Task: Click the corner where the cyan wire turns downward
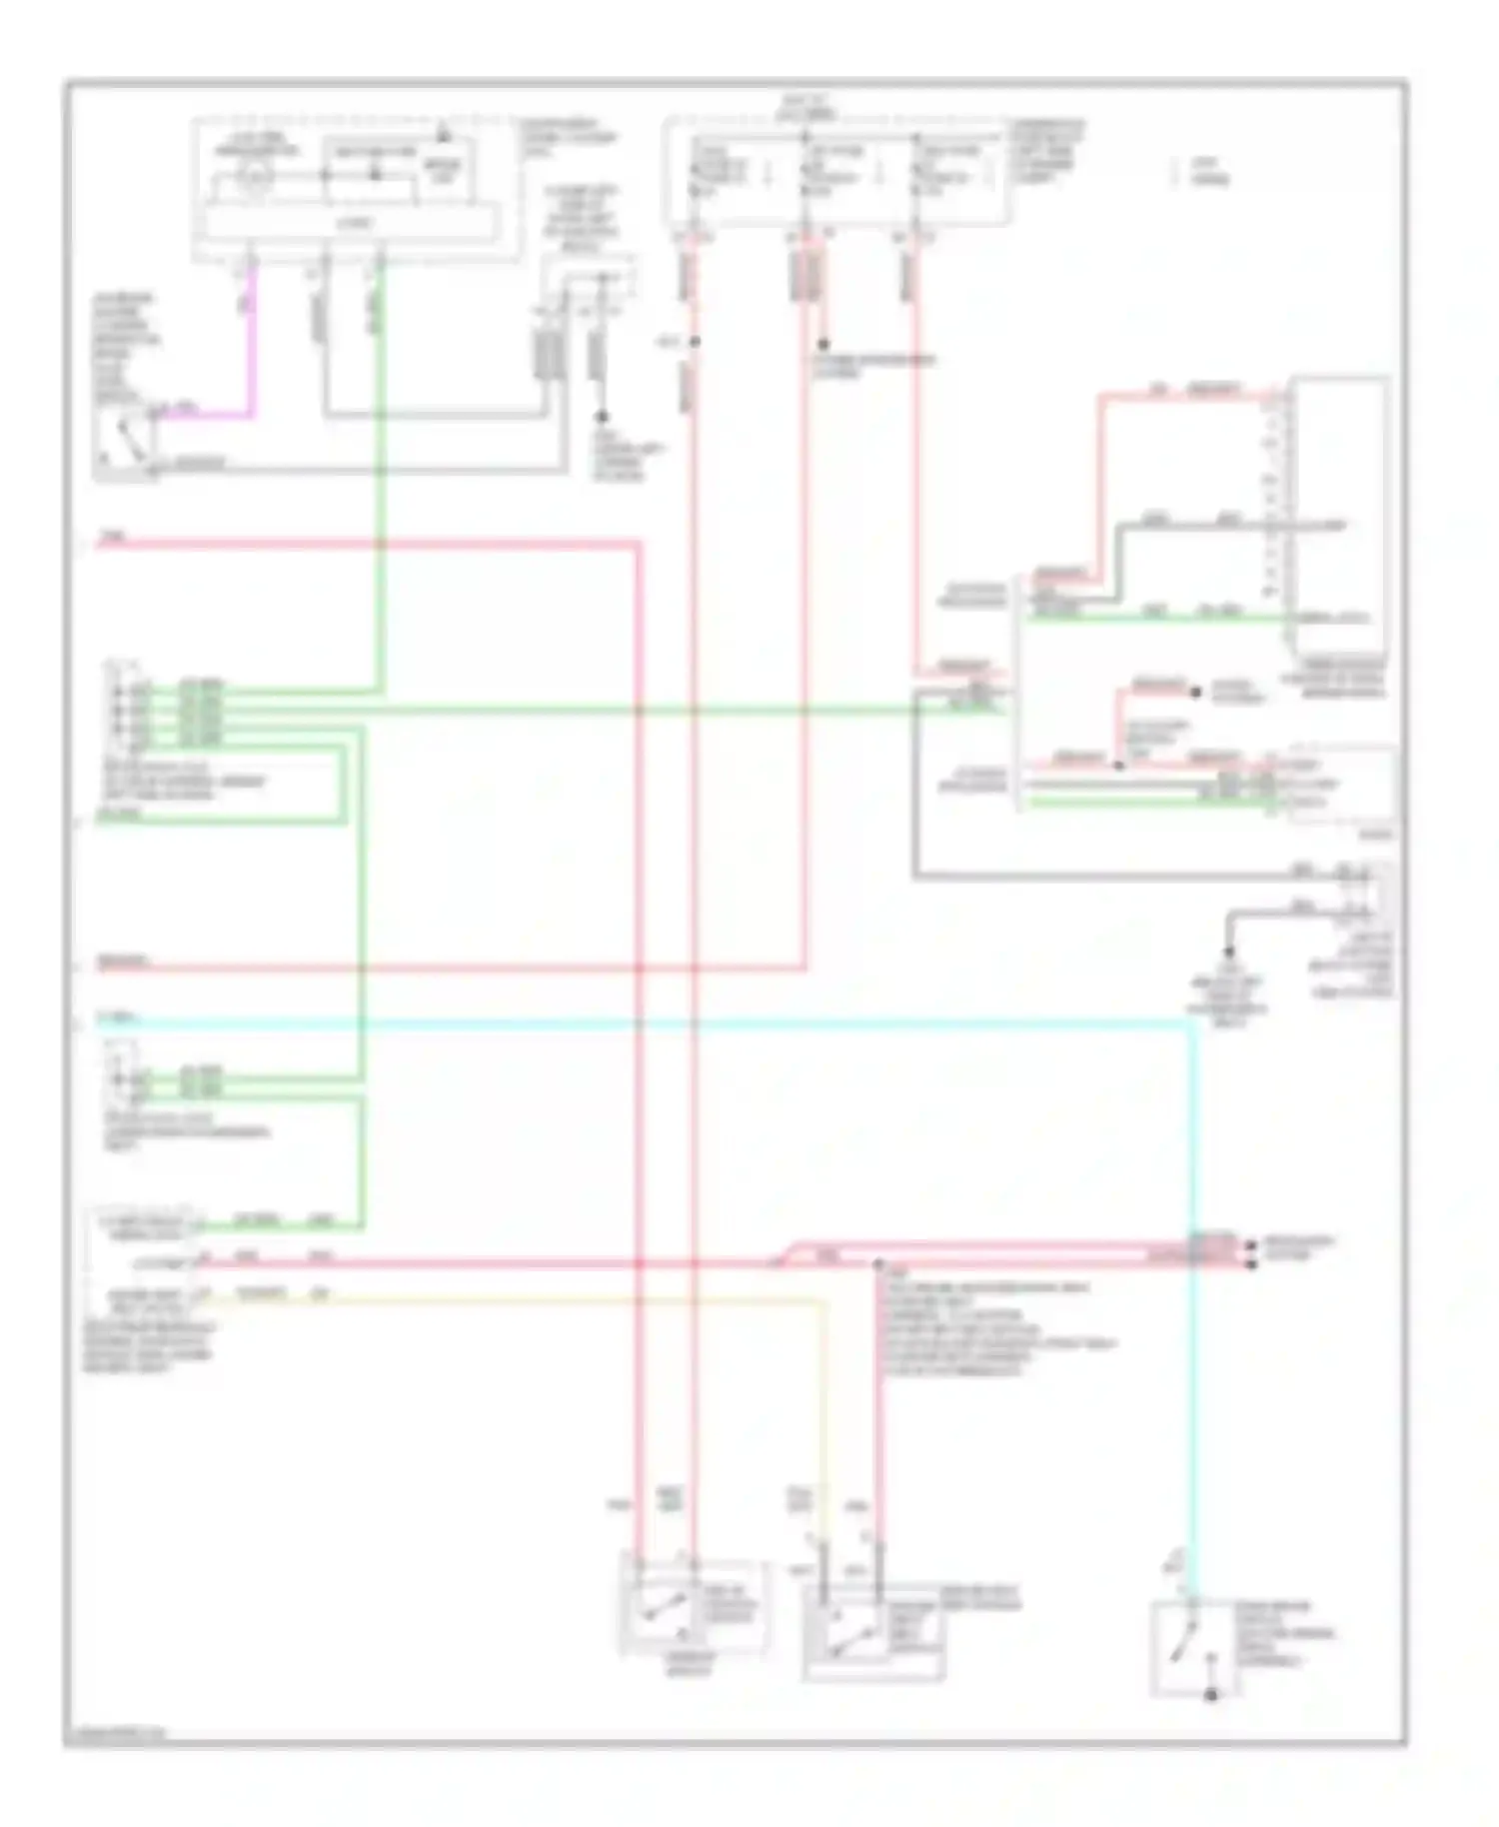click(x=1188, y=1023)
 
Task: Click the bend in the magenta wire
click(x=251, y=413)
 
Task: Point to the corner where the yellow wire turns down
click(x=824, y=1301)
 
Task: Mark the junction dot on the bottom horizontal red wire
click(x=878, y=1264)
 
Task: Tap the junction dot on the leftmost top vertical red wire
click(x=695, y=342)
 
